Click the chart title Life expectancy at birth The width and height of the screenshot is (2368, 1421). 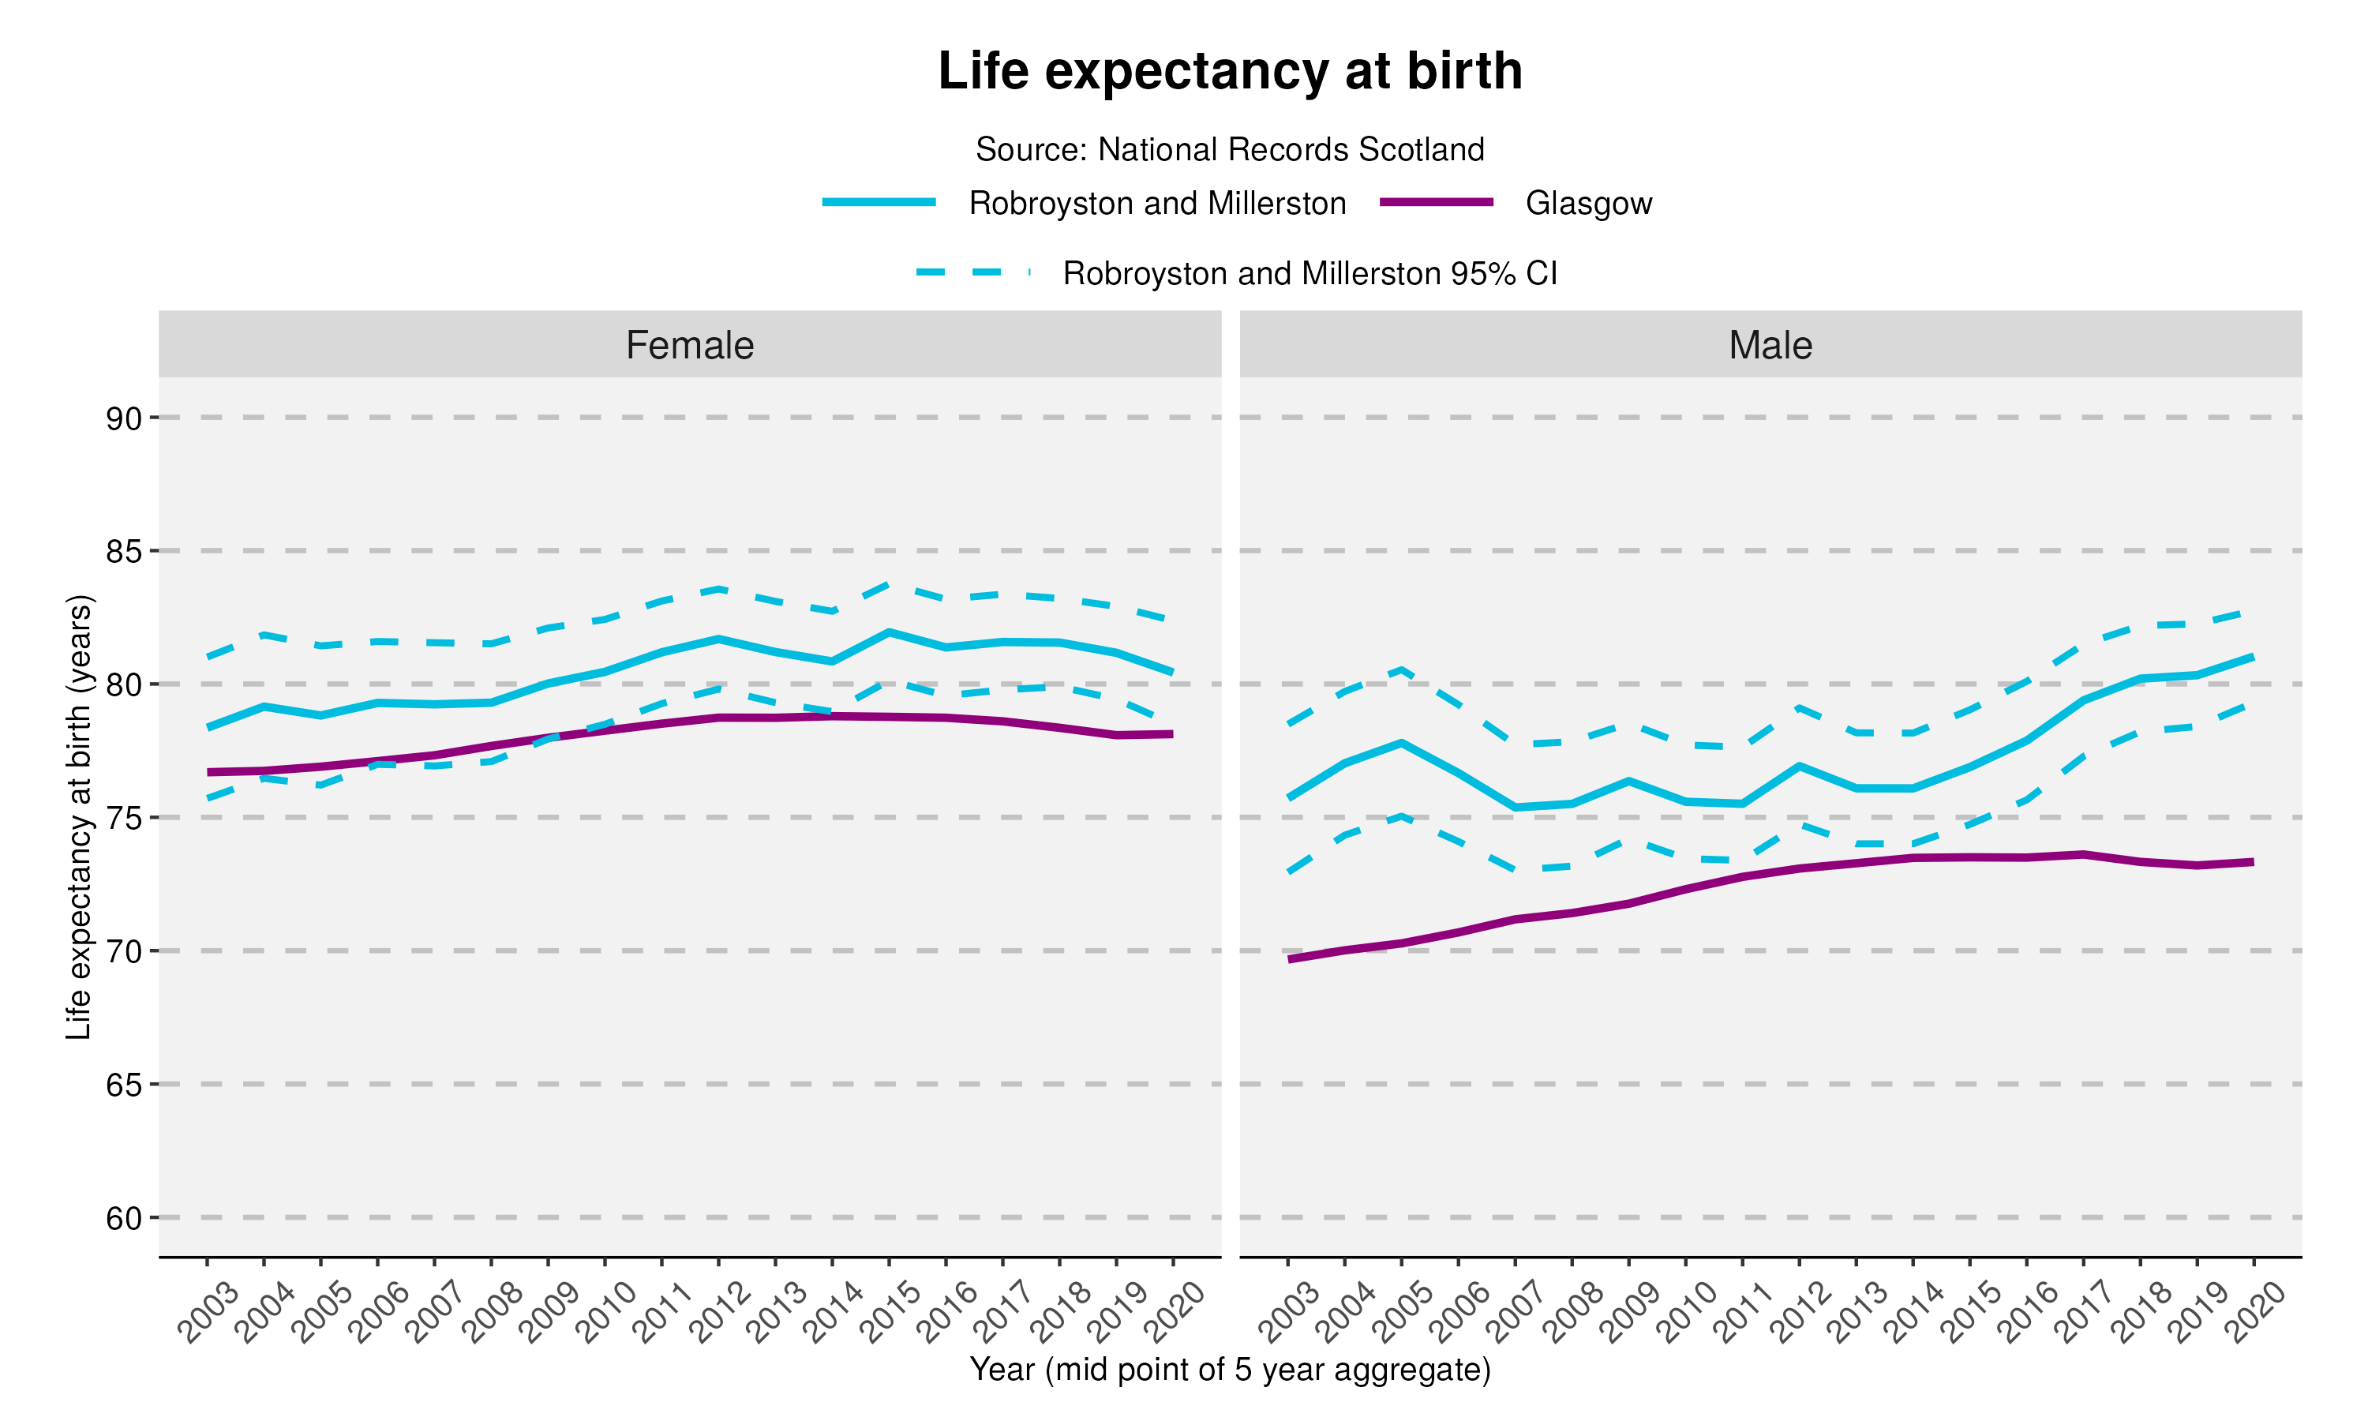click(x=1229, y=72)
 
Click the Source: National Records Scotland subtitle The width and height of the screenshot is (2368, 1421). click(x=1229, y=149)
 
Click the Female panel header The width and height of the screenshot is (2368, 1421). click(x=689, y=345)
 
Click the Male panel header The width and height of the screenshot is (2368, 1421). click(x=1770, y=345)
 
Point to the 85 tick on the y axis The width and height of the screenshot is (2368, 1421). click(x=123, y=552)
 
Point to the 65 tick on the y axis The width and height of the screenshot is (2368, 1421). click(x=123, y=1085)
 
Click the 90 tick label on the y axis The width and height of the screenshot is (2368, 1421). click(x=123, y=418)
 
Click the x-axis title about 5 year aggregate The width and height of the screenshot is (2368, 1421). click(x=1229, y=1370)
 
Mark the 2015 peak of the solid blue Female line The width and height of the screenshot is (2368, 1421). click(x=890, y=632)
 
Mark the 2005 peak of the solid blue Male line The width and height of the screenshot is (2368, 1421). click(x=1401, y=742)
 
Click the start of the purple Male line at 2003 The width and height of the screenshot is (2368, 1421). click(x=1289, y=958)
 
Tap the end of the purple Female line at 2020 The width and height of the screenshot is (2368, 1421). click(x=1171, y=734)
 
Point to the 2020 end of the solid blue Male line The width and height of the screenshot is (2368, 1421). click(x=2252, y=657)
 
